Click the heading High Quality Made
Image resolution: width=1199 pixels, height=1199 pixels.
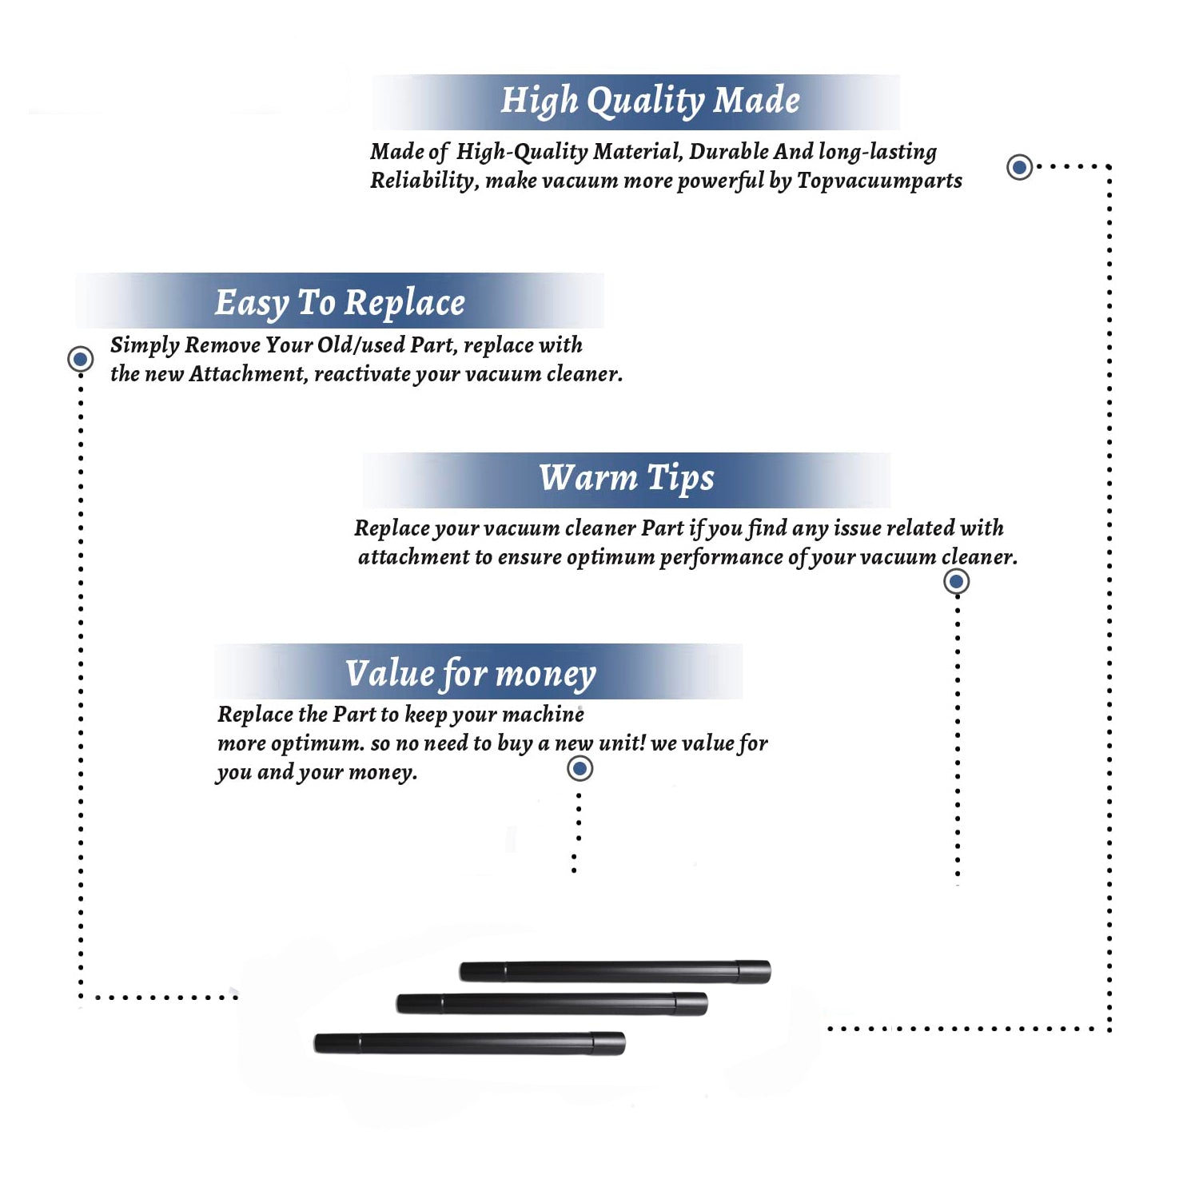pos(650,102)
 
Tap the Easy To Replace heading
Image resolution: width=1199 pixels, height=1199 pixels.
pos(340,304)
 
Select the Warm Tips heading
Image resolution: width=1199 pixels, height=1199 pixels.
pos(627,479)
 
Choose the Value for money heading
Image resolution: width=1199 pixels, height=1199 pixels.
pos(471,674)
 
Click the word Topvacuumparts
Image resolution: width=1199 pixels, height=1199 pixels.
pos(879,181)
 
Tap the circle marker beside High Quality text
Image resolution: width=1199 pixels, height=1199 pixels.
pos(1019,167)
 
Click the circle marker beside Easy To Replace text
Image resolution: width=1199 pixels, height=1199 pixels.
pos(80,359)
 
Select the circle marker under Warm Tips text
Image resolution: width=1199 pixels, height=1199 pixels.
pos(956,581)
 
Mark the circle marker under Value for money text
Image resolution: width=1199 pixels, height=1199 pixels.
pos(580,769)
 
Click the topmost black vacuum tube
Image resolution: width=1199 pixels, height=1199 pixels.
pos(615,971)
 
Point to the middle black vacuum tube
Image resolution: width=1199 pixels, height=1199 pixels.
pos(552,1004)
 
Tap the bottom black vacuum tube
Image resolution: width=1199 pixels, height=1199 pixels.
pos(469,1043)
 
